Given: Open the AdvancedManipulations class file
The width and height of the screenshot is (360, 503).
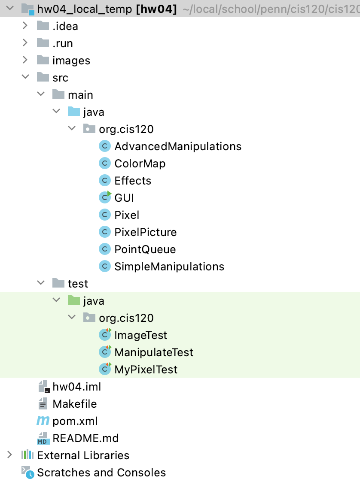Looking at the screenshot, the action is tap(177, 146).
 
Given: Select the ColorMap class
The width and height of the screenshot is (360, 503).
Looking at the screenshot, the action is tap(140, 164).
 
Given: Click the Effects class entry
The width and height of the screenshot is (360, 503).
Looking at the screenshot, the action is tap(133, 181).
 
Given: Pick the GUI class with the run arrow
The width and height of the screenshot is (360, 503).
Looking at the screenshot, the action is tap(124, 198).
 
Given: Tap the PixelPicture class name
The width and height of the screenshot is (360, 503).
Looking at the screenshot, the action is tap(146, 232).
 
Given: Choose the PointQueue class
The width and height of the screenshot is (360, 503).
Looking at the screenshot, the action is tap(145, 249).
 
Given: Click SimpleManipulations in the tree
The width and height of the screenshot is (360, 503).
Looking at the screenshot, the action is tap(169, 267).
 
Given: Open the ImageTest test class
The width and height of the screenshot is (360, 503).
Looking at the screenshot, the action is tap(140, 335).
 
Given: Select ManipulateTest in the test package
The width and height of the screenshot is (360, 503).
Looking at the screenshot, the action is tap(154, 352).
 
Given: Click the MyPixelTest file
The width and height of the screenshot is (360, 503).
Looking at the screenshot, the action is tap(146, 370).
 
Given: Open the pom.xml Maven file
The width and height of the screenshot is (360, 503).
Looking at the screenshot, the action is tap(75, 421).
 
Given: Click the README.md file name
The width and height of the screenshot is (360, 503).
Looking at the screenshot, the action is tap(85, 438).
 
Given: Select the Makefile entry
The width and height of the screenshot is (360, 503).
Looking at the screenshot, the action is tap(74, 404).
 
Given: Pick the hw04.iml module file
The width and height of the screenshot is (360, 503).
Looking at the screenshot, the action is tap(77, 387).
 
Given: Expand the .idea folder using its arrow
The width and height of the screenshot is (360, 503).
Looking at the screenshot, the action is tap(25, 26).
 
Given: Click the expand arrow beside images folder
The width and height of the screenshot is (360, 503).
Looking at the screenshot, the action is tap(25, 60).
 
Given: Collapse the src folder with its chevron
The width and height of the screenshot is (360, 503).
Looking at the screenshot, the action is tap(25, 77).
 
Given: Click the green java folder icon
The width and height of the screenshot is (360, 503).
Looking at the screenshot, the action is tap(74, 300).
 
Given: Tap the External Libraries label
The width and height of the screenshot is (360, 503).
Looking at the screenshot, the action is tap(83, 455).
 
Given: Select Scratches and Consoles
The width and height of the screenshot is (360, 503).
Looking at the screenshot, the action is tap(101, 473).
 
